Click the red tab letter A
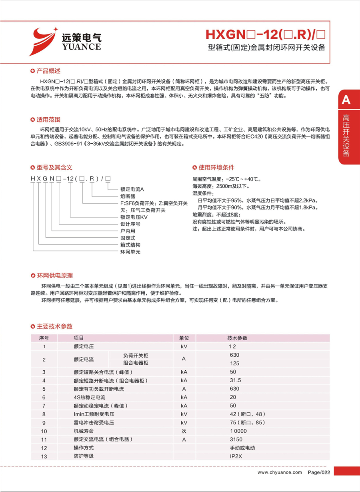[x=346, y=100]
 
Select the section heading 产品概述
[x=48, y=71]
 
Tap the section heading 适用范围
[x=48, y=120]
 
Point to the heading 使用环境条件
[x=216, y=167]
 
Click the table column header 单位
[x=184, y=338]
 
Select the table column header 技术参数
[x=237, y=338]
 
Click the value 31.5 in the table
[x=235, y=380]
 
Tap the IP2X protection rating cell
[x=235, y=456]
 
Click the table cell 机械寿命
[x=84, y=431]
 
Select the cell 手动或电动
[x=242, y=448]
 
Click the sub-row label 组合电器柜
[x=136, y=363]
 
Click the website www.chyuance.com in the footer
[x=280, y=473]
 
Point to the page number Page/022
[x=319, y=473]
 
